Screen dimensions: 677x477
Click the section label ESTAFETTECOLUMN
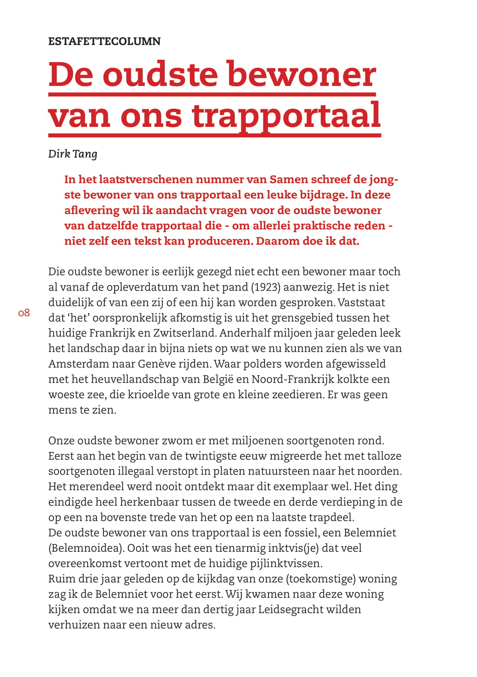104,41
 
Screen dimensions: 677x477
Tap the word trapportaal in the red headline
286,116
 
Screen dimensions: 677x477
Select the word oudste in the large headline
160,74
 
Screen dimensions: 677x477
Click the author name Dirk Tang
73,154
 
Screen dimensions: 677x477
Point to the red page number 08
24,313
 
